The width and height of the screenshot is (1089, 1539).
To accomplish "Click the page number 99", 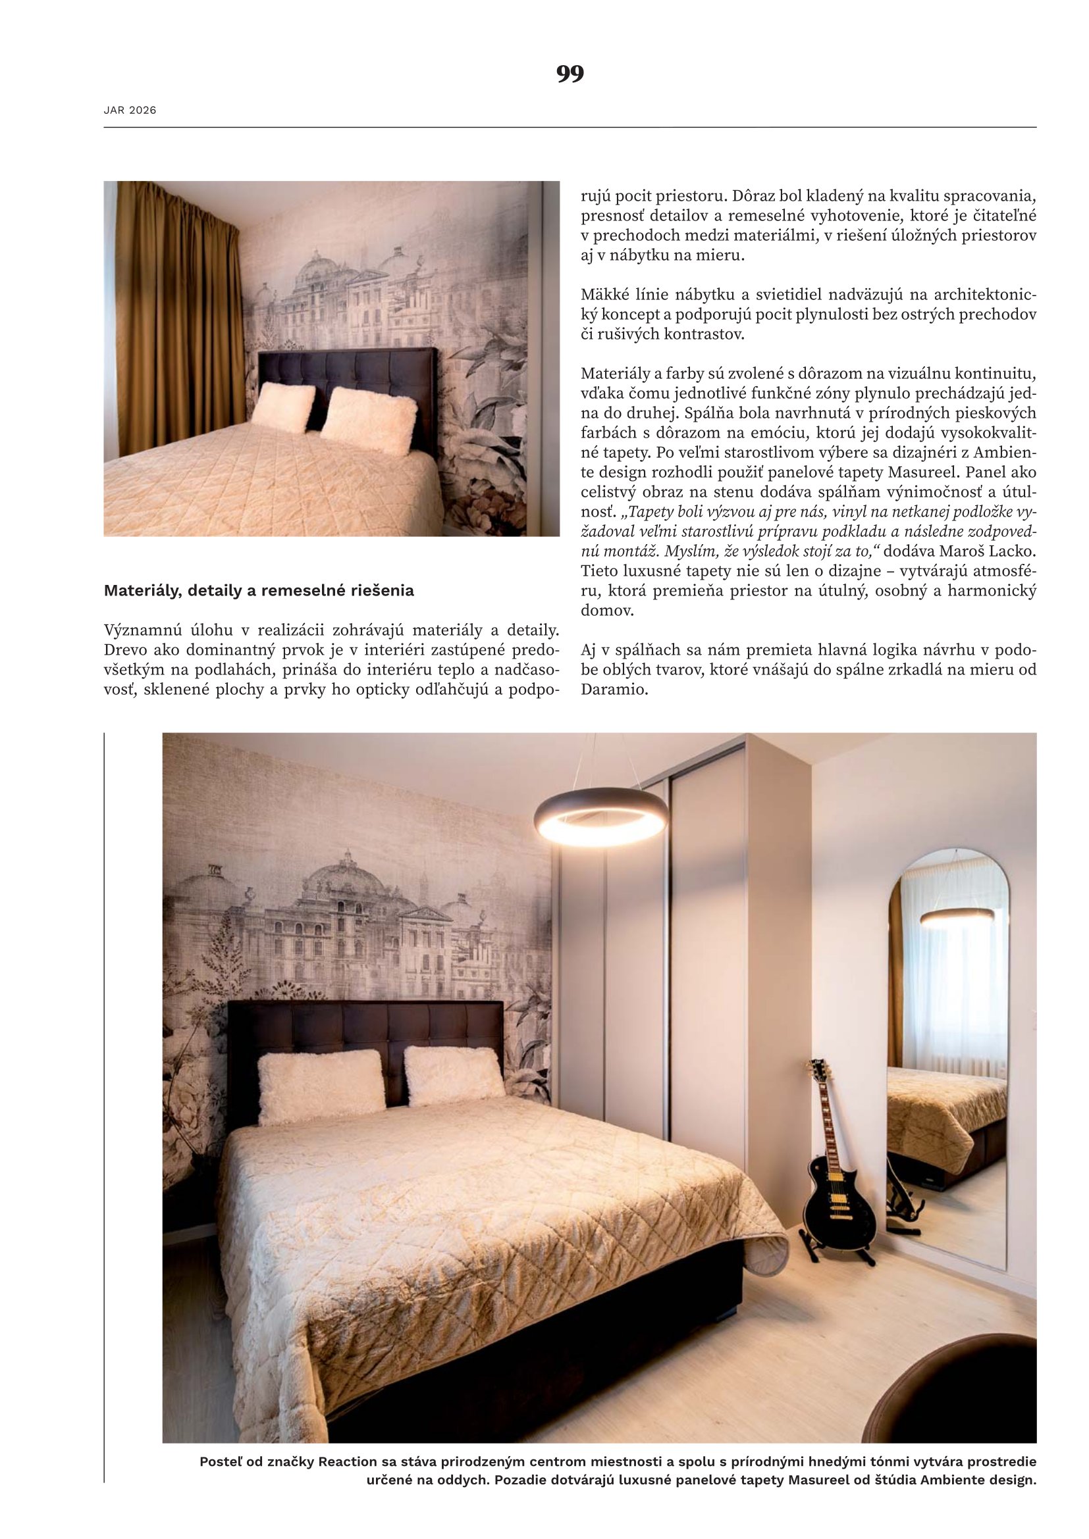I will pyautogui.click(x=570, y=74).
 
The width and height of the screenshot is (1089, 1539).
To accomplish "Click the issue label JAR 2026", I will pyautogui.click(x=130, y=111).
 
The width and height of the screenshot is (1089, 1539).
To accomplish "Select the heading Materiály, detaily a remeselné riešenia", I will pyautogui.click(x=259, y=590).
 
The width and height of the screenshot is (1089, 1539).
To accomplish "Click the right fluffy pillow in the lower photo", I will pyautogui.click(x=453, y=1075).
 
